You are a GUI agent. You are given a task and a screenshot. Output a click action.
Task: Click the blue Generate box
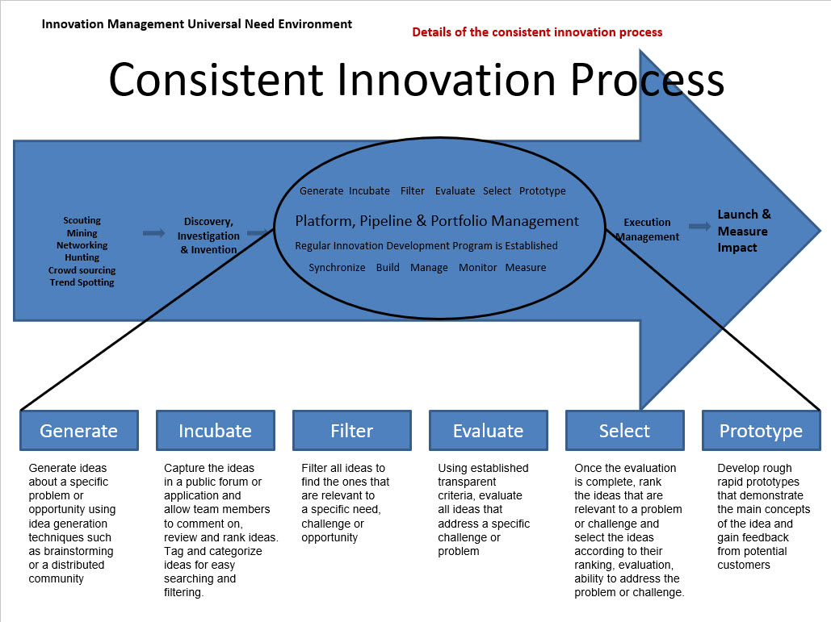point(79,431)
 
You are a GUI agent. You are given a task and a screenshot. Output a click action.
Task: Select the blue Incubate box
point(215,431)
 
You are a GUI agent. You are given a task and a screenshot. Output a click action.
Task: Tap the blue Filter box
point(351,431)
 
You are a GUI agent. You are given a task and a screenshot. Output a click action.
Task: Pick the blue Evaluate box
point(488,431)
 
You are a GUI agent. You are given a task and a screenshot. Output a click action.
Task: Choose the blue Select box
point(624,431)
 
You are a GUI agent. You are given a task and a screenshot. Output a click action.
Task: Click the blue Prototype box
point(761,431)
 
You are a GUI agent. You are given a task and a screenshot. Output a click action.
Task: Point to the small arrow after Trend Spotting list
point(153,233)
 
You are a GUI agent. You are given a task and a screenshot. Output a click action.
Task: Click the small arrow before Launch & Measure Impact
point(699,228)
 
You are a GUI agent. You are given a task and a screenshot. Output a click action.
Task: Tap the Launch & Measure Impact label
point(744,231)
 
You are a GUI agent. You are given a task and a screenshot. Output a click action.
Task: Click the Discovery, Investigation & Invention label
point(208,236)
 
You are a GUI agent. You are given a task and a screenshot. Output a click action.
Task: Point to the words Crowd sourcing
point(82,270)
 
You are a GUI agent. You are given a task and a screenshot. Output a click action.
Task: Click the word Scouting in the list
point(82,220)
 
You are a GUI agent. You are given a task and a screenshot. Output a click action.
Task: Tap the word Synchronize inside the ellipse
point(337,267)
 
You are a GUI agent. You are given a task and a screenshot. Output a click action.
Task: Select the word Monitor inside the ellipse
point(478,267)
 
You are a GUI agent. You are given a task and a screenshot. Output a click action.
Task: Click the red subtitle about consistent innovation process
point(537,32)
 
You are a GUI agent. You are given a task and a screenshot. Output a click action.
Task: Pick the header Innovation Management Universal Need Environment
point(196,24)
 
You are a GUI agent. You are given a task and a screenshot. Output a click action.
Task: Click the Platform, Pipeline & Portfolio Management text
point(437,221)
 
